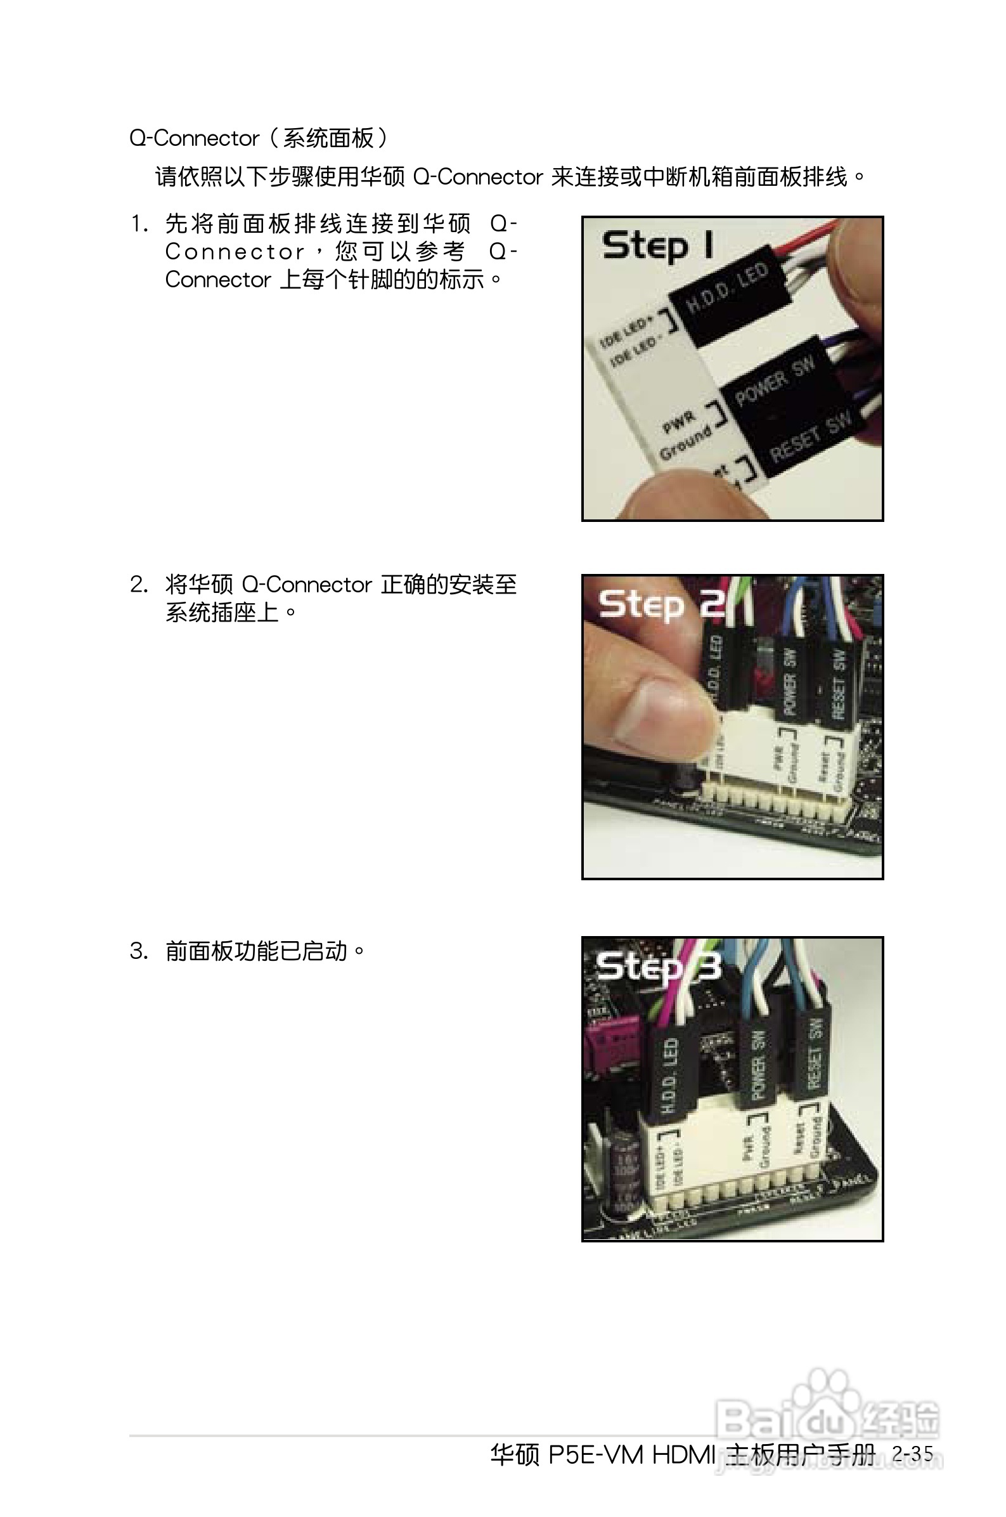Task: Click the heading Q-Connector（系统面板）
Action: (258, 138)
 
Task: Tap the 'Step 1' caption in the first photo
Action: (657, 246)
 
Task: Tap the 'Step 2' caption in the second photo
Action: (661, 604)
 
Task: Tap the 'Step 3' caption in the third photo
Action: (658, 967)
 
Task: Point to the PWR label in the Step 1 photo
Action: (678, 422)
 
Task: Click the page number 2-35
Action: (912, 1454)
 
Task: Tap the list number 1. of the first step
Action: (139, 224)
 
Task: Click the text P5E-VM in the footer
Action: (595, 1455)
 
